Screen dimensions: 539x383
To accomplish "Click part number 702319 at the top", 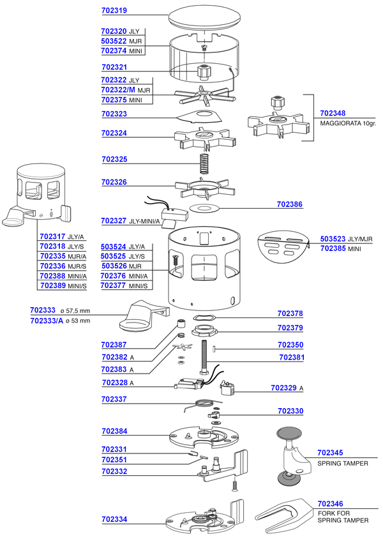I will pos(114,11).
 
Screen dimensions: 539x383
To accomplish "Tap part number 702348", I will pos(332,113).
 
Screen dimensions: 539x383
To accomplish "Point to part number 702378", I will pos(290,314).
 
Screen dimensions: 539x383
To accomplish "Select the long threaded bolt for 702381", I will pos(206,355).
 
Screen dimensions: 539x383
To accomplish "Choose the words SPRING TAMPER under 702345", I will pos(343,463).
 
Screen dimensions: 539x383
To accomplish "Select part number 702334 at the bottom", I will pos(114,520).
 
